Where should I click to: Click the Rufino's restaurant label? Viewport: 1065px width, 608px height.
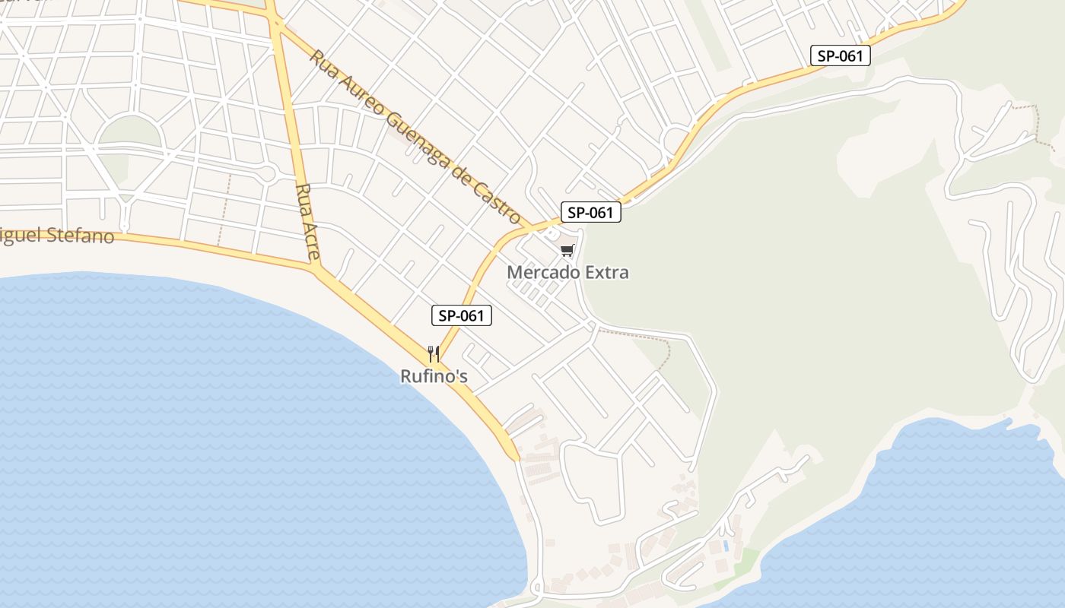[434, 375]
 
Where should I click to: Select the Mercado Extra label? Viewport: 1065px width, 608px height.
[567, 272]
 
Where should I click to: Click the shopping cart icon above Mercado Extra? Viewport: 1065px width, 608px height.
[567, 250]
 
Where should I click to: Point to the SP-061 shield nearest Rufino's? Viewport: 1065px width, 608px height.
[461, 315]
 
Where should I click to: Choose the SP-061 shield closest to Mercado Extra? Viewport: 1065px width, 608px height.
[591, 213]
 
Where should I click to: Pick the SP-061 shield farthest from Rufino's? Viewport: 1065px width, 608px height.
[840, 55]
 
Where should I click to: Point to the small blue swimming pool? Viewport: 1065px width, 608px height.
[726, 546]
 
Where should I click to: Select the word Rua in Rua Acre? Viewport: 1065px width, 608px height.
[304, 196]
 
